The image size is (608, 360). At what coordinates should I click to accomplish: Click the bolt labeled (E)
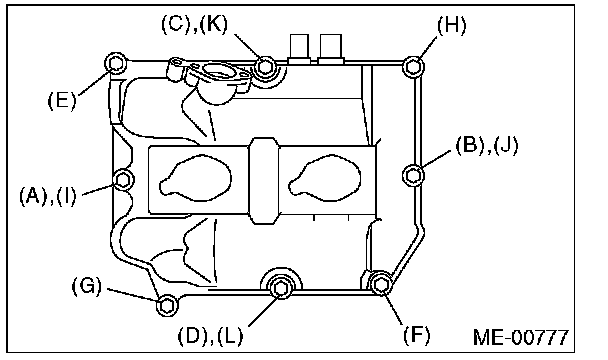pos(116,63)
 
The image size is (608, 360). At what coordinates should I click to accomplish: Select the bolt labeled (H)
pos(413,67)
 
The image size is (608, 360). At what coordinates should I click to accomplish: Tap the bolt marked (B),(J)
pos(413,175)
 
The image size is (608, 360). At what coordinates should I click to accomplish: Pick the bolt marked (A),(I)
pos(123,180)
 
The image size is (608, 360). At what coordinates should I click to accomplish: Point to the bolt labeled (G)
pos(167,305)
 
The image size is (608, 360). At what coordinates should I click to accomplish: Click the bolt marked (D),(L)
pos(280,288)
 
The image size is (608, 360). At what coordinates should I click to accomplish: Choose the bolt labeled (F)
pos(381,285)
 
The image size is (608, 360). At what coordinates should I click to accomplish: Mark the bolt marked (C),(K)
pos(265,66)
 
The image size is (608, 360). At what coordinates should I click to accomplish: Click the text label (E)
pos(62,100)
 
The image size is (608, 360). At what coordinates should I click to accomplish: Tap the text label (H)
pos(452,25)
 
